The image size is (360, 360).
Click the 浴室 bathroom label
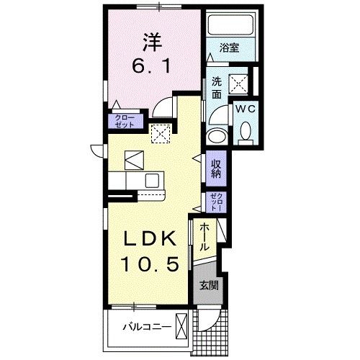click(x=230, y=48)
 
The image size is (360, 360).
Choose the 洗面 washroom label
click(x=216, y=88)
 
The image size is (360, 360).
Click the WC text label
click(x=245, y=109)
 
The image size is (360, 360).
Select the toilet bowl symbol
click(x=245, y=131)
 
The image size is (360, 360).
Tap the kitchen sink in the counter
click(x=153, y=180)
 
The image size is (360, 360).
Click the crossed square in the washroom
click(x=238, y=84)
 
